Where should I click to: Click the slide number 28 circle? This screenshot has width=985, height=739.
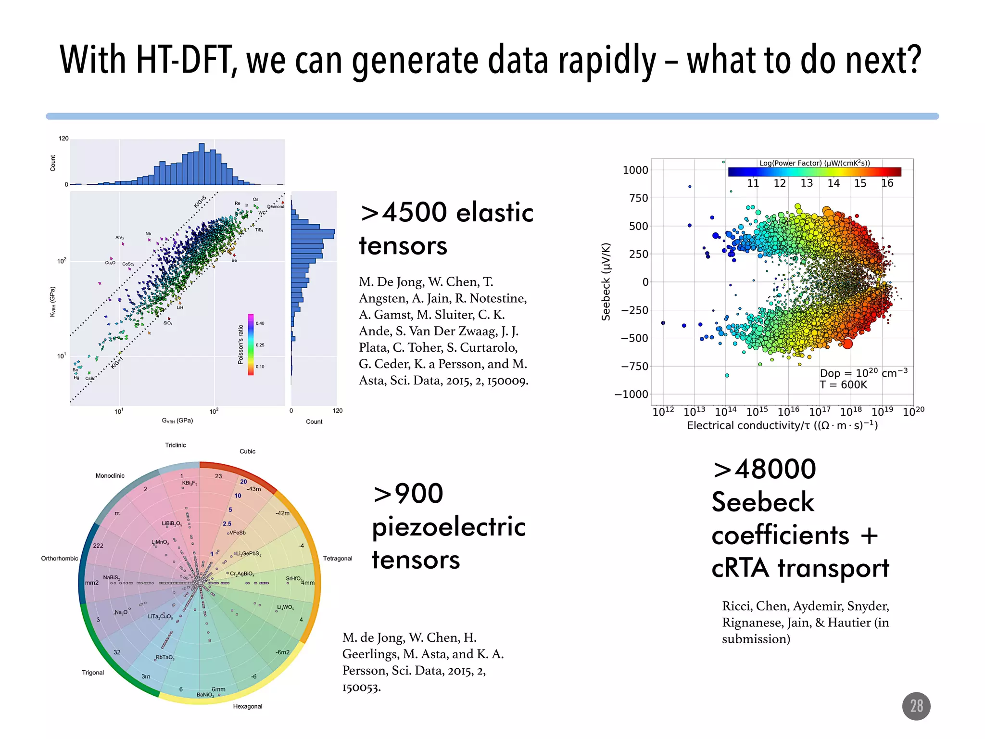(x=916, y=706)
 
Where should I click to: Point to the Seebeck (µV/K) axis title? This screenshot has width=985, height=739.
(x=606, y=282)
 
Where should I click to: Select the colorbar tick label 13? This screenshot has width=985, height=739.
(x=807, y=183)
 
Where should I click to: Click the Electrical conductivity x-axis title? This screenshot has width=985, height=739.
(x=782, y=425)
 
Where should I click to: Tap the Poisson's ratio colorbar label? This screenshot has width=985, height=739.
(x=240, y=344)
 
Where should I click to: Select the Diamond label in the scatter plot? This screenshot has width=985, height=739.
(x=276, y=207)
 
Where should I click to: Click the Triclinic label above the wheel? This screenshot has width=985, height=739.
(x=176, y=445)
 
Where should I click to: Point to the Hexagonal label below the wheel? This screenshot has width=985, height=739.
(x=248, y=706)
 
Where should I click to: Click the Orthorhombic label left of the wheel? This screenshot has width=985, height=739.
(x=60, y=559)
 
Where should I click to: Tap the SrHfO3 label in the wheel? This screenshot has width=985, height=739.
(x=293, y=579)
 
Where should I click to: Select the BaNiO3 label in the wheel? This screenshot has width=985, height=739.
(x=205, y=695)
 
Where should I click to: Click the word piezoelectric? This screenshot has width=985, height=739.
(x=449, y=526)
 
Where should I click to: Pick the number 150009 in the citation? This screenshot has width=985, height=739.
(x=507, y=381)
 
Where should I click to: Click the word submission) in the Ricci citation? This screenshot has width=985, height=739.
(x=756, y=639)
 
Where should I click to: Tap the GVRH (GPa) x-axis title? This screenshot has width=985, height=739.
(x=177, y=420)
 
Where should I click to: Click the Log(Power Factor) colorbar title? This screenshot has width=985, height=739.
(x=814, y=163)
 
